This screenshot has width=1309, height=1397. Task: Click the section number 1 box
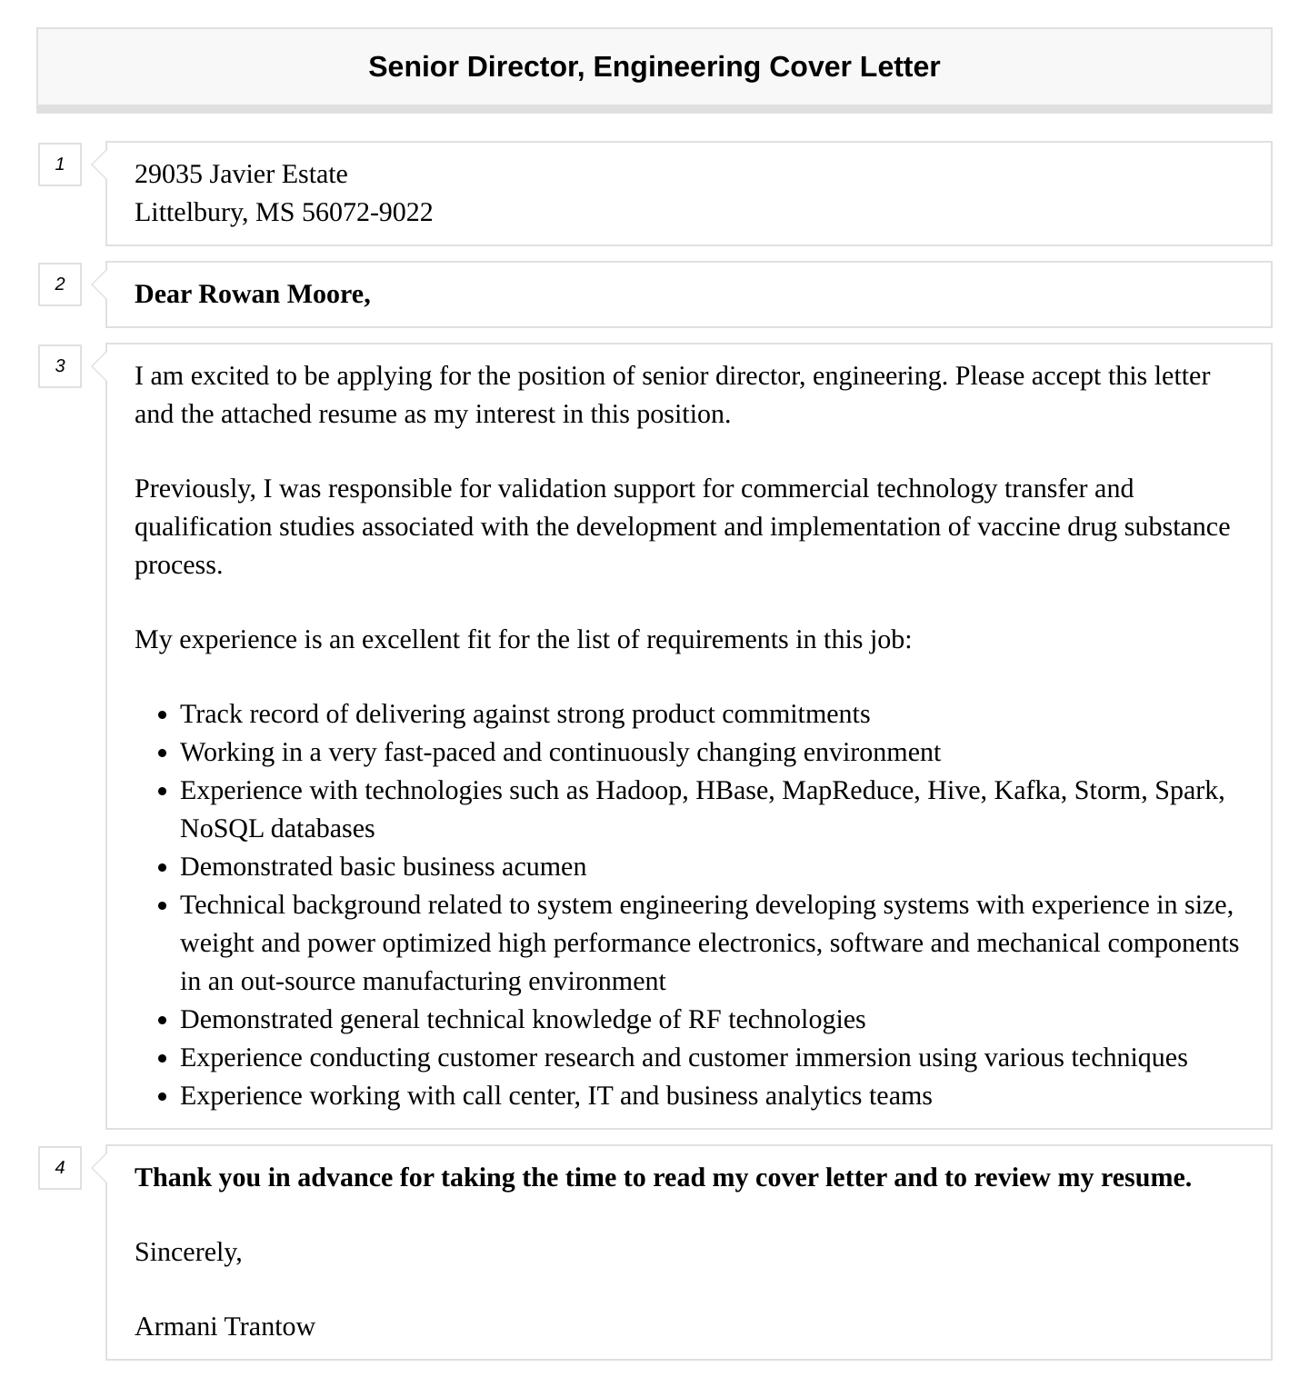point(60,165)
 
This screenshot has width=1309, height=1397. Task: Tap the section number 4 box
point(60,1167)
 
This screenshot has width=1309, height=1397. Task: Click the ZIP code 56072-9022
point(367,213)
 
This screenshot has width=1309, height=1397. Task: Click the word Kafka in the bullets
point(1027,791)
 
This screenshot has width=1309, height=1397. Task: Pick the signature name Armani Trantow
point(225,1327)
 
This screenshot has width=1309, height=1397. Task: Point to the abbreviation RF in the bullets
point(704,1020)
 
